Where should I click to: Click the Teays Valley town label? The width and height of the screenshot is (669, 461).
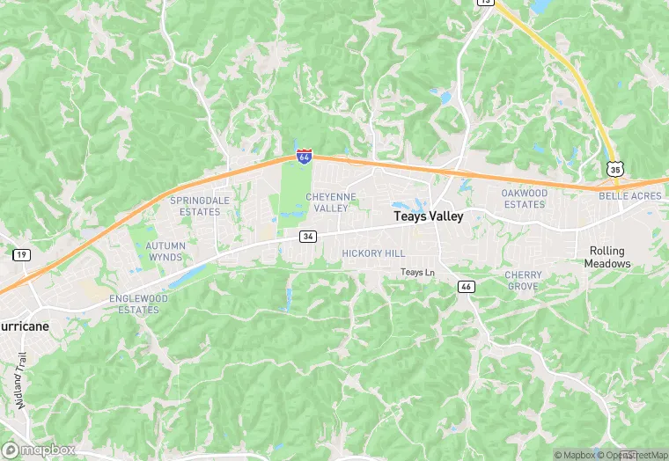[x=428, y=216]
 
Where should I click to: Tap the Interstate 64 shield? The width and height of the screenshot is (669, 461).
[x=304, y=157]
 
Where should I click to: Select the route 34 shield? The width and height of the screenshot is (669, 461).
[x=307, y=237]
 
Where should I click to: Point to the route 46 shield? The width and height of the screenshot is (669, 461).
[x=467, y=287]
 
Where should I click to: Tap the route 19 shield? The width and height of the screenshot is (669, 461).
[x=19, y=254]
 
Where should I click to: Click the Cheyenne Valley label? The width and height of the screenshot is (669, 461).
[x=332, y=202]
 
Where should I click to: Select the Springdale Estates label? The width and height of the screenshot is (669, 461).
[x=194, y=206]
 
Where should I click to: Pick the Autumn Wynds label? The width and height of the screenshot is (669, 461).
[x=165, y=252]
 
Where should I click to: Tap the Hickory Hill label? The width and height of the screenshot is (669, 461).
[x=373, y=253]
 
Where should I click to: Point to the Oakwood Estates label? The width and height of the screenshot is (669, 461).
[x=524, y=199]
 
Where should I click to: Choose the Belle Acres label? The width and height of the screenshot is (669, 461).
[x=630, y=197]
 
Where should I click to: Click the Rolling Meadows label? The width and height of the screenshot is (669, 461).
[x=610, y=257]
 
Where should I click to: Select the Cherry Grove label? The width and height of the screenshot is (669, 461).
[x=523, y=281]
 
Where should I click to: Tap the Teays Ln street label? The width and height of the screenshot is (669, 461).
[x=418, y=273]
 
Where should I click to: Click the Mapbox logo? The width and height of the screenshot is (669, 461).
[x=39, y=450]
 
